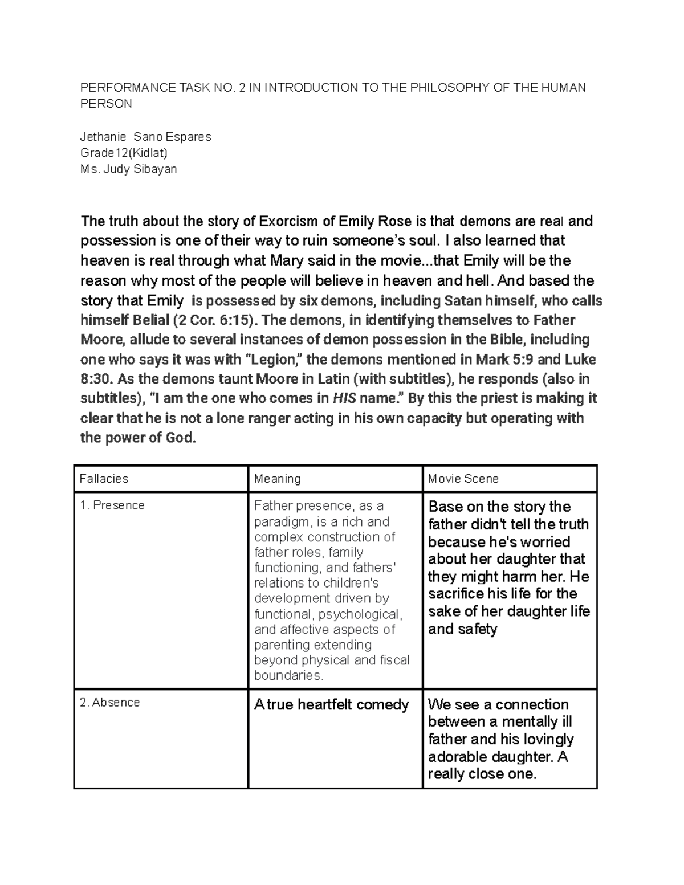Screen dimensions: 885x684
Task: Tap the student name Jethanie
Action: coord(101,137)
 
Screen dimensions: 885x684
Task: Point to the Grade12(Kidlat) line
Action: coord(124,153)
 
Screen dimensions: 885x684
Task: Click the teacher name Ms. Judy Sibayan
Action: coord(128,169)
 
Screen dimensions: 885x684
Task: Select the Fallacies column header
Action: coord(104,479)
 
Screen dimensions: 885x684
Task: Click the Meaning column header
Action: coord(277,479)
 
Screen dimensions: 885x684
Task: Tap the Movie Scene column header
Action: coord(463,479)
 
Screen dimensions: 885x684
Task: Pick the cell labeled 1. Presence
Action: coord(112,505)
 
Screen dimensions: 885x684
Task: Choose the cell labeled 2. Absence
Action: coord(110,703)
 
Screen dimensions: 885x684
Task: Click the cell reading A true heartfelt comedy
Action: coord(331,705)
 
